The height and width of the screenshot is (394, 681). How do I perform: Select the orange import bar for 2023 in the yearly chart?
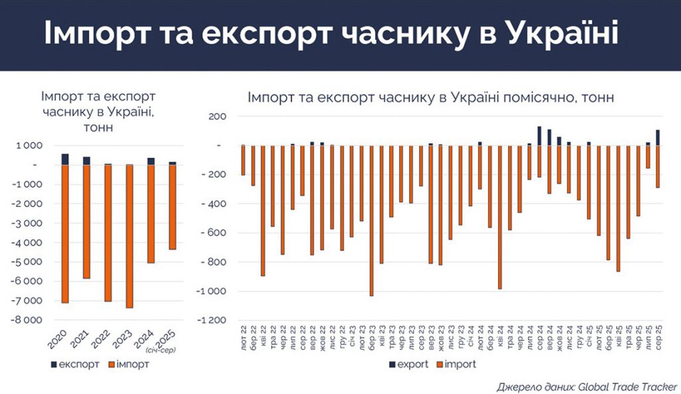(129, 236)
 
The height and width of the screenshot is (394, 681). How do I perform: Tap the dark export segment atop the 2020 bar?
(65, 159)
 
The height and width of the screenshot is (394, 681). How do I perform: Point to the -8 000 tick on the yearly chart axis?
(28, 320)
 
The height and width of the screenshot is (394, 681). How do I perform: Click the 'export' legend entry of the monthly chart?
(408, 364)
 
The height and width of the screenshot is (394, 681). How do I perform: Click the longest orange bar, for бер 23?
(372, 220)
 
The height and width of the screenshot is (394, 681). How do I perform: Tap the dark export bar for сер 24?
(539, 136)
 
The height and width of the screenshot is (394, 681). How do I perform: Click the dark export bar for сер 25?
(658, 138)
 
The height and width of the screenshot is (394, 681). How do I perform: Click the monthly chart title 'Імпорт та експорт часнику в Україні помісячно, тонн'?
(430, 97)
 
